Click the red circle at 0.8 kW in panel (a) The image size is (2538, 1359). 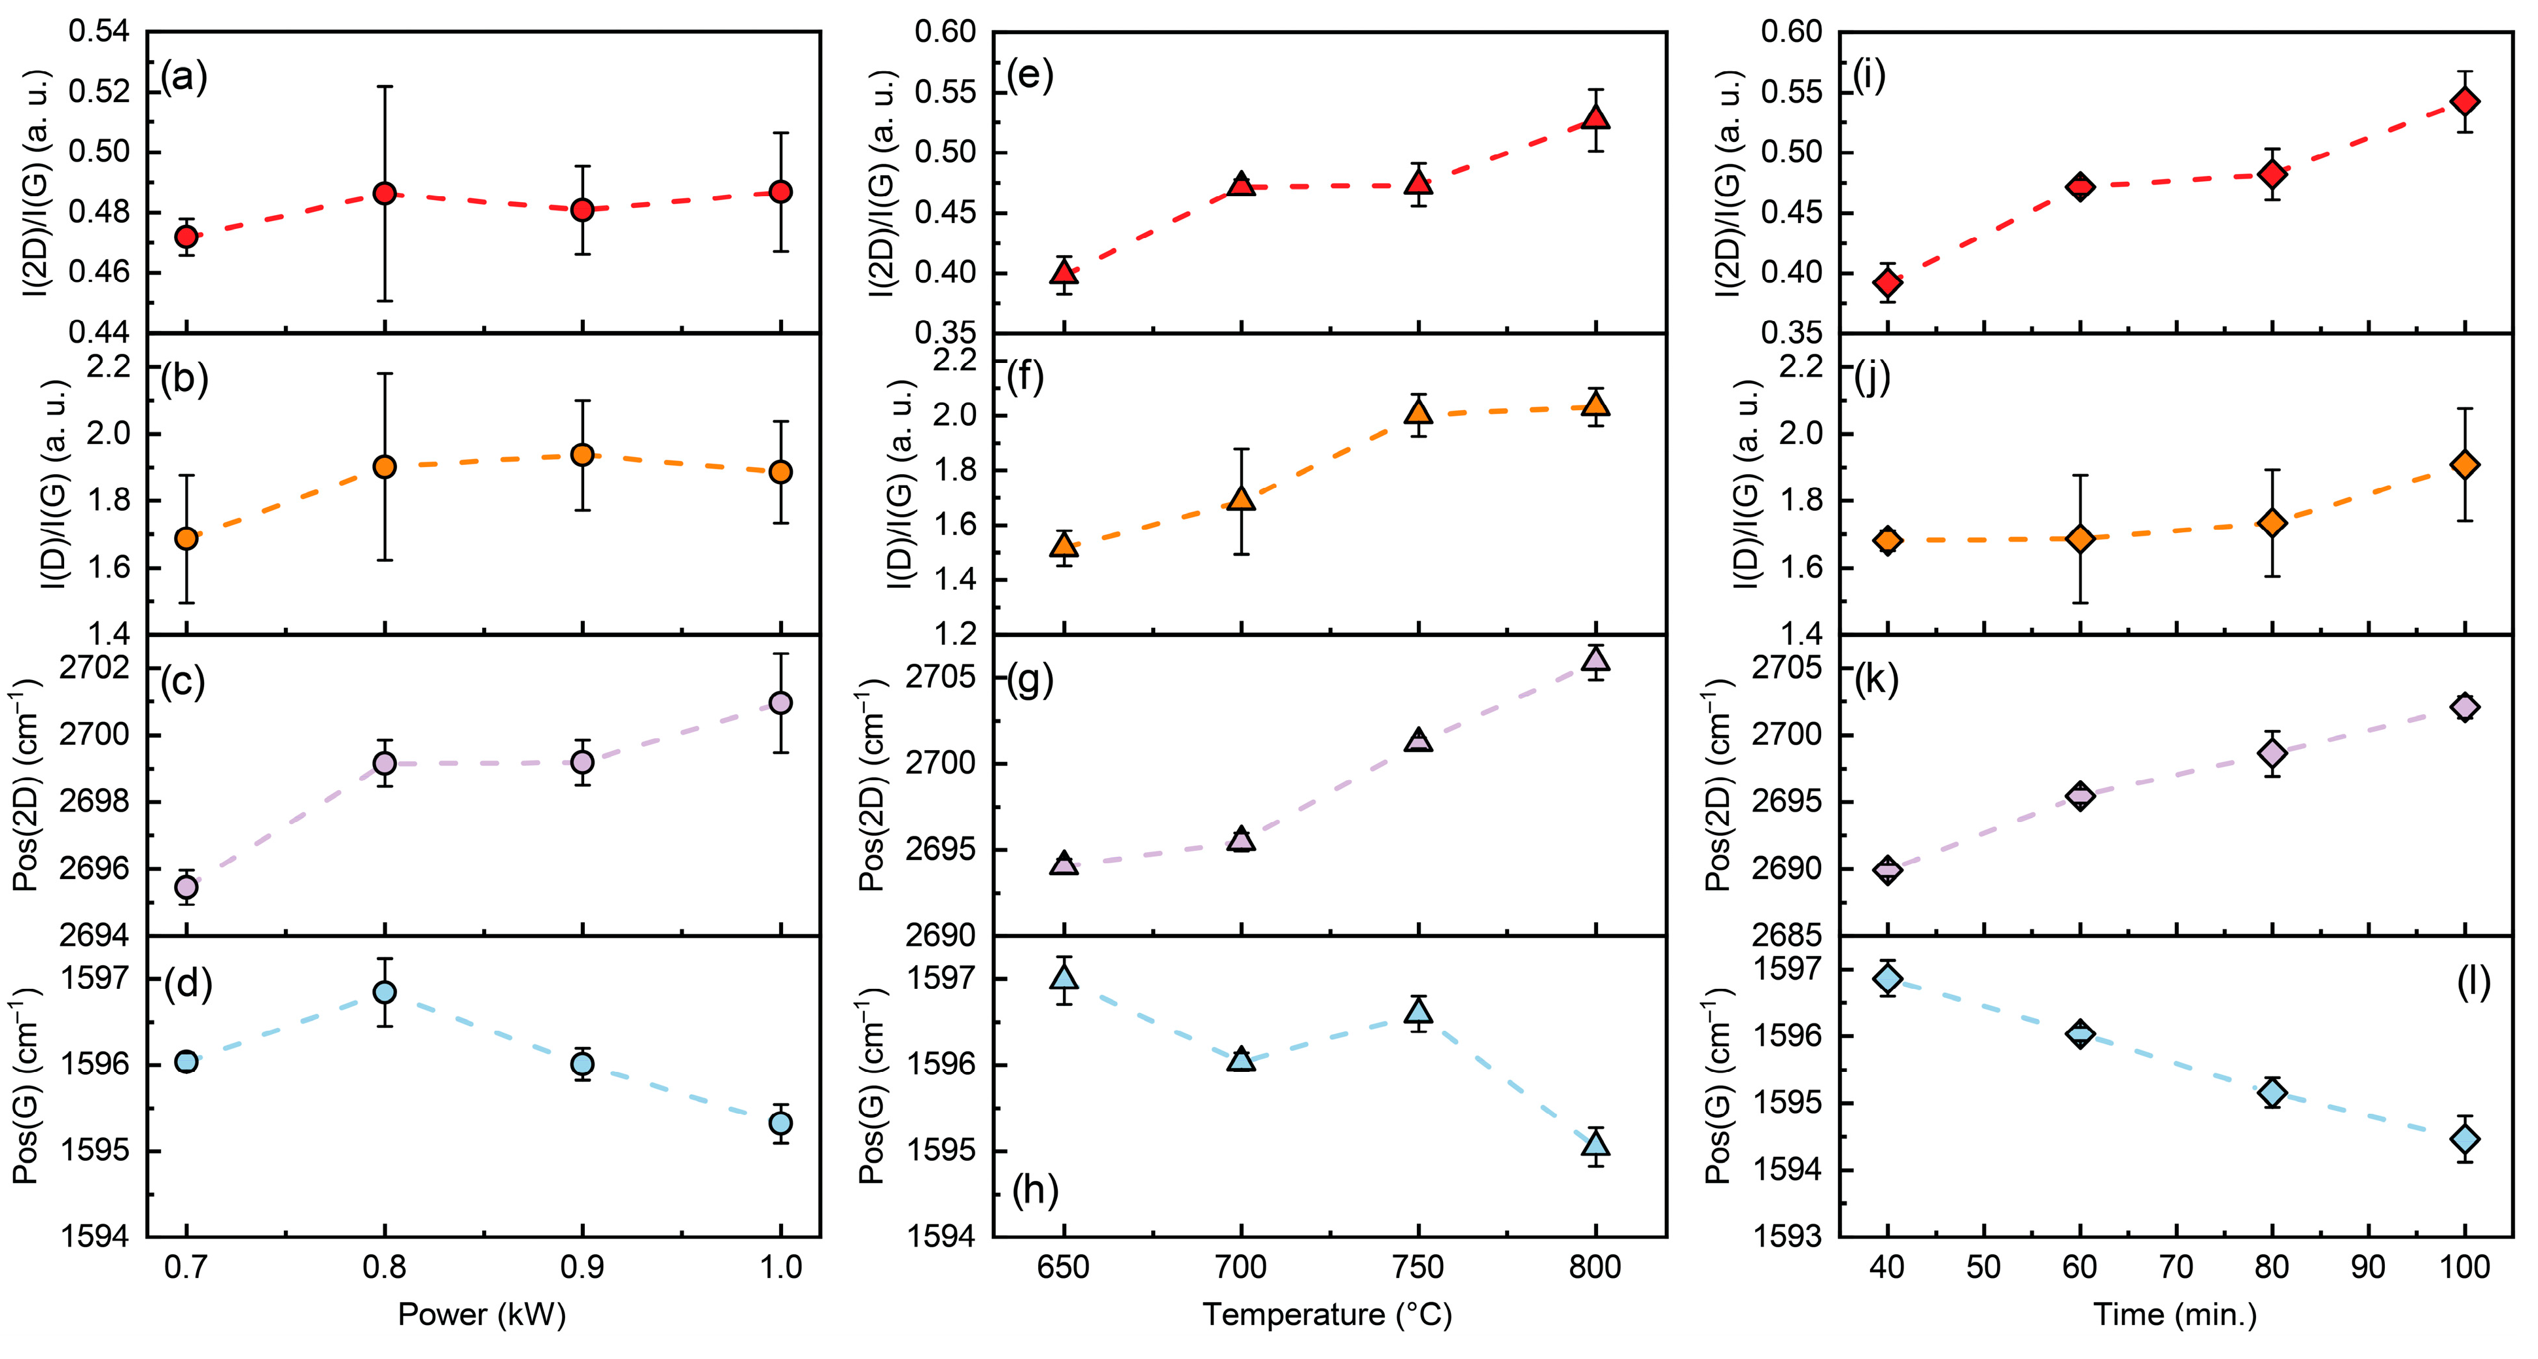click(385, 193)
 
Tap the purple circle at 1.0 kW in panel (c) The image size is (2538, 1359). click(780, 702)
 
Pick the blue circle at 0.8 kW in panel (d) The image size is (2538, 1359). click(385, 991)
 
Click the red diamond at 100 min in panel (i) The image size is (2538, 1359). click(2465, 101)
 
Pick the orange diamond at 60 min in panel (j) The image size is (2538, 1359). click(2080, 539)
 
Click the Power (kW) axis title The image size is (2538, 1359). click(482, 1315)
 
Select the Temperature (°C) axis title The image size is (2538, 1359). click(1327, 1315)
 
